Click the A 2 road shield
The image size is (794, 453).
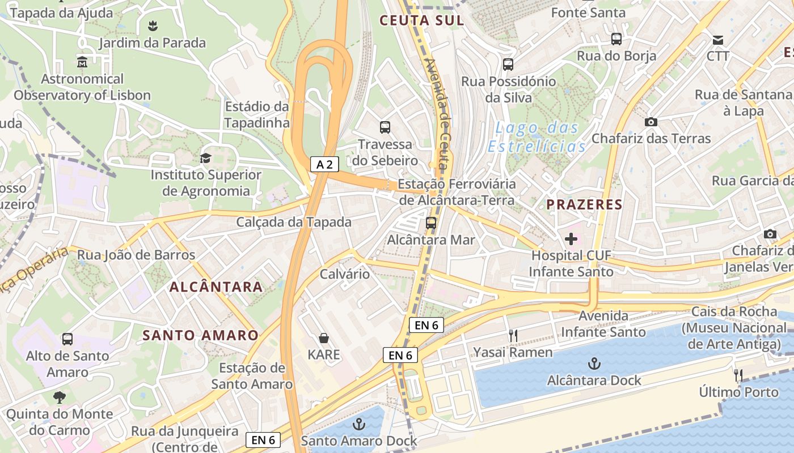(x=325, y=165)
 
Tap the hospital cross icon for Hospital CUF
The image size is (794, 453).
(x=571, y=239)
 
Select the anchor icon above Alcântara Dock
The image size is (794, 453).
(x=594, y=363)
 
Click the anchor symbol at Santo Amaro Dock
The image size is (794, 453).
(x=358, y=424)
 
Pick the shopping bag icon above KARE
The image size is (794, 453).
(x=323, y=338)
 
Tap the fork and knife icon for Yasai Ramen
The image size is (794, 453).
(x=513, y=335)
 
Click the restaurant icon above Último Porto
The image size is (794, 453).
(x=738, y=375)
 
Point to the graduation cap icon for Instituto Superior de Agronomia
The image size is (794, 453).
(x=205, y=158)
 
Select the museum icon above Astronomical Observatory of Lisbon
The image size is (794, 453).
(x=82, y=62)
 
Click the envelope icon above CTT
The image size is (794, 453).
(x=718, y=40)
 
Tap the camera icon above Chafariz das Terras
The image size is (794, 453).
(x=651, y=122)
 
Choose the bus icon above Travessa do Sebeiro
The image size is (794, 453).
(x=385, y=127)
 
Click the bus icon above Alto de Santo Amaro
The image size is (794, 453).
(x=67, y=339)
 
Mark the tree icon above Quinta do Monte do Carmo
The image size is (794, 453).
(x=60, y=398)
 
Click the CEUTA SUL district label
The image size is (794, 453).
(x=421, y=20)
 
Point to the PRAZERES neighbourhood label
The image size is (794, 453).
(x=584, y=204)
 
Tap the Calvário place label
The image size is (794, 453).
(x=345, y=274)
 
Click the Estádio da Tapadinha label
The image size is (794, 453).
(x=256, y=114)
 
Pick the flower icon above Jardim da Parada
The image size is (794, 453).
(x=152, y=26)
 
